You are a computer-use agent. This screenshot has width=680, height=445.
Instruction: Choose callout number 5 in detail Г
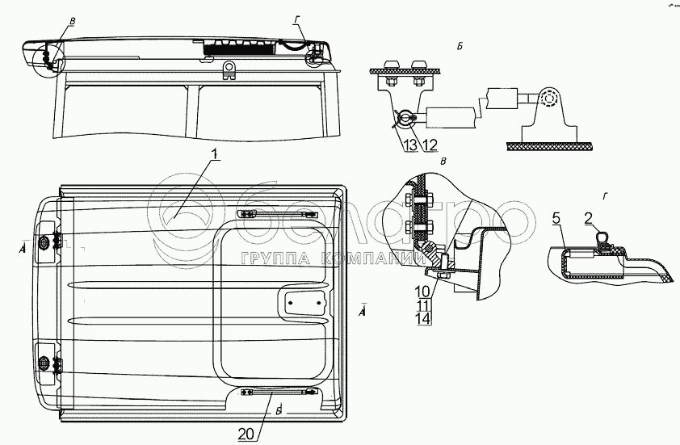click(556, 218)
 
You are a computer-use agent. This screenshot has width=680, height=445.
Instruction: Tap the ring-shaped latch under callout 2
click(600, 237)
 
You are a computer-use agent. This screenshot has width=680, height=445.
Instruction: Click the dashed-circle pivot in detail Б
click(551, 99)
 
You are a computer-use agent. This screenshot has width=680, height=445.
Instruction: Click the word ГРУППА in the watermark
click(270, 258)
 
